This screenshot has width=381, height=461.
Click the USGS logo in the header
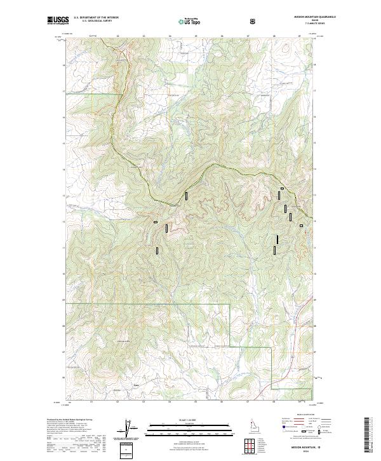pyautogui.click(x=58, y=21)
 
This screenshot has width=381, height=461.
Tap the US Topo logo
pyautogui.click(x=191, y=22)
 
